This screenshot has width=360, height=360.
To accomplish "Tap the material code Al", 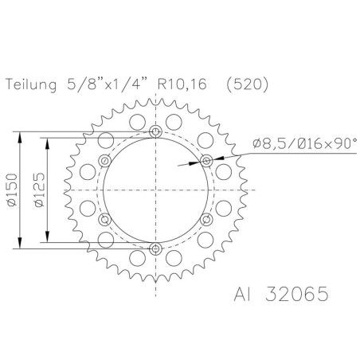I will click(245, 292).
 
